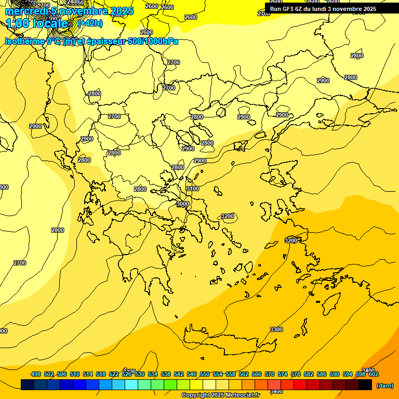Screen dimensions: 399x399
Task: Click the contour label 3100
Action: (x=192, y=189)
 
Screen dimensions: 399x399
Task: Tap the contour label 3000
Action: (x=183, y=204)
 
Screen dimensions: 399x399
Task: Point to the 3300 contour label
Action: (x=276, y=329)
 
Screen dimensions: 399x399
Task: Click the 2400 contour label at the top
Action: (x=74, y=2)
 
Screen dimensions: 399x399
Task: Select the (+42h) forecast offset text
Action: (x=90, y=23)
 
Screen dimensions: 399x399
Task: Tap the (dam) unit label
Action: (x=384, y=385)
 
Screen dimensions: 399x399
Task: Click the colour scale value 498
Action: (x=36, y=374)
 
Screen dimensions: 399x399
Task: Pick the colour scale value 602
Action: (x=374, y=374)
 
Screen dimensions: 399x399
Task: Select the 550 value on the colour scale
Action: (x=205, y=374)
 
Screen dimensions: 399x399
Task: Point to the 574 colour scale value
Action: (x=283, y=374)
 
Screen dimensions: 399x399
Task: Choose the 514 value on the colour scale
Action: (x=88, y=374)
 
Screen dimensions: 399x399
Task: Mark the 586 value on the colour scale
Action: (x=322, y=374)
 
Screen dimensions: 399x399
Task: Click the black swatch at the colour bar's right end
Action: (x=365, y=385)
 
